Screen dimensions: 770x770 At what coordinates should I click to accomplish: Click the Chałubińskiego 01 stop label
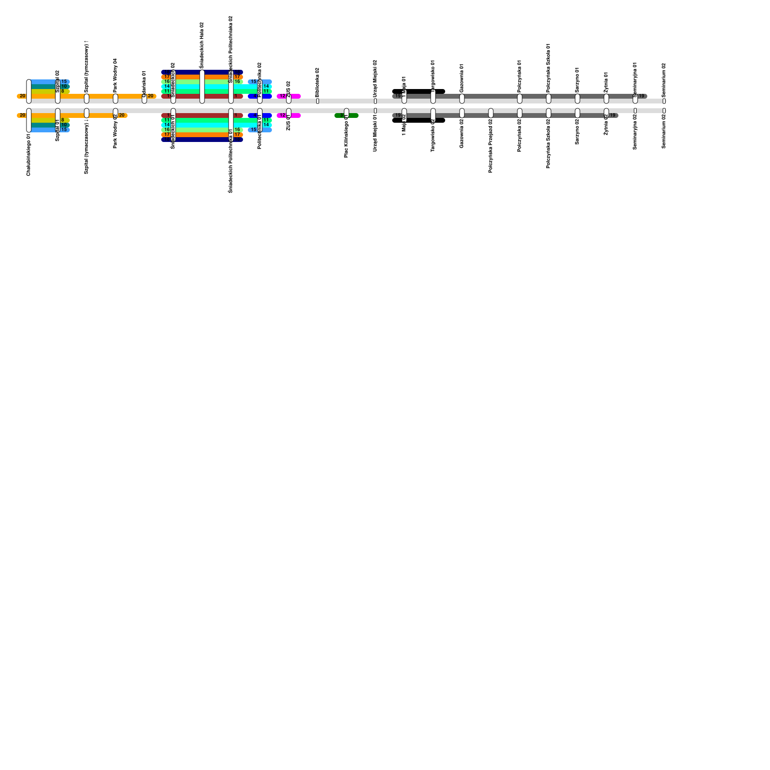pos(29,155)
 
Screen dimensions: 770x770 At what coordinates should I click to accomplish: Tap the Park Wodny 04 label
pos(115,75)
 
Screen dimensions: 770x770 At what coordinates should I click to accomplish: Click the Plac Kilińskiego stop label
pos(346,137)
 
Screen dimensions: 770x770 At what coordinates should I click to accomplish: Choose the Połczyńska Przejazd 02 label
pos(491,146)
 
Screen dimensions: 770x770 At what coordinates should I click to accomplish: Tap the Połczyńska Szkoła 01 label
pos(549,67)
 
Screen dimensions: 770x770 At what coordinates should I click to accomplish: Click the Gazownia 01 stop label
pos(462,78)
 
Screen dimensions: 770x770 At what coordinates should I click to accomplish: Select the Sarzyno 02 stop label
pos(577,131)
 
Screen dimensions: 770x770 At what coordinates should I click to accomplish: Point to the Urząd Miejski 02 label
pos(375,78)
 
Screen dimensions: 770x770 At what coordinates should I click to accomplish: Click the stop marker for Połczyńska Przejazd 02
pos(491,113)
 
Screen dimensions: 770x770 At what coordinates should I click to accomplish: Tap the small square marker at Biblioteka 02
pos(318,101)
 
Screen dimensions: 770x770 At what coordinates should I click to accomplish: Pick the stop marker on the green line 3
pos(346,113)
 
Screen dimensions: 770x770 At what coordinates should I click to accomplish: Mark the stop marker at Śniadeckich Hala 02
pos(202,87)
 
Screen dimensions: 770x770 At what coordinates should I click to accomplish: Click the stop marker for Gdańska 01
pos(144,99)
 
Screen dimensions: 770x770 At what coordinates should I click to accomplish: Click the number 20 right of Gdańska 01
pos(151,96)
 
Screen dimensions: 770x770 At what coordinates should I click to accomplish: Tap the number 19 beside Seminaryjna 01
pos(642,96)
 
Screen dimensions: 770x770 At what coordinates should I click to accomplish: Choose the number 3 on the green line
pos(341,115)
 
